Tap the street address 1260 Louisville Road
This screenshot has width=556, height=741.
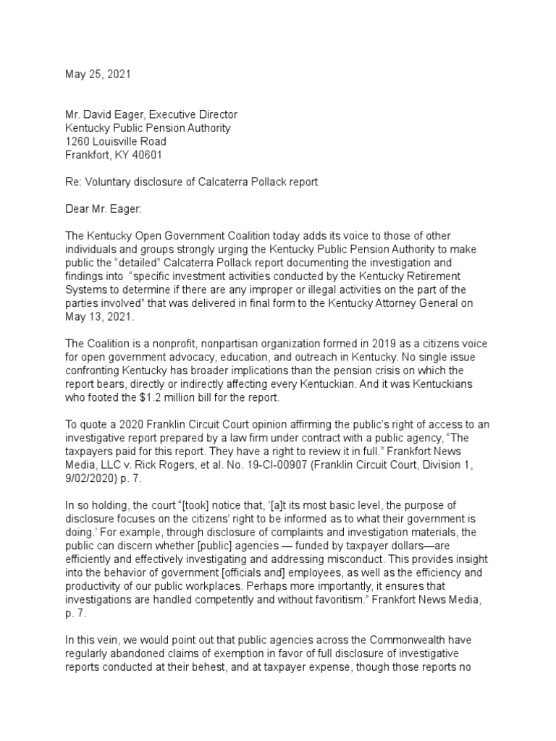116,141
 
